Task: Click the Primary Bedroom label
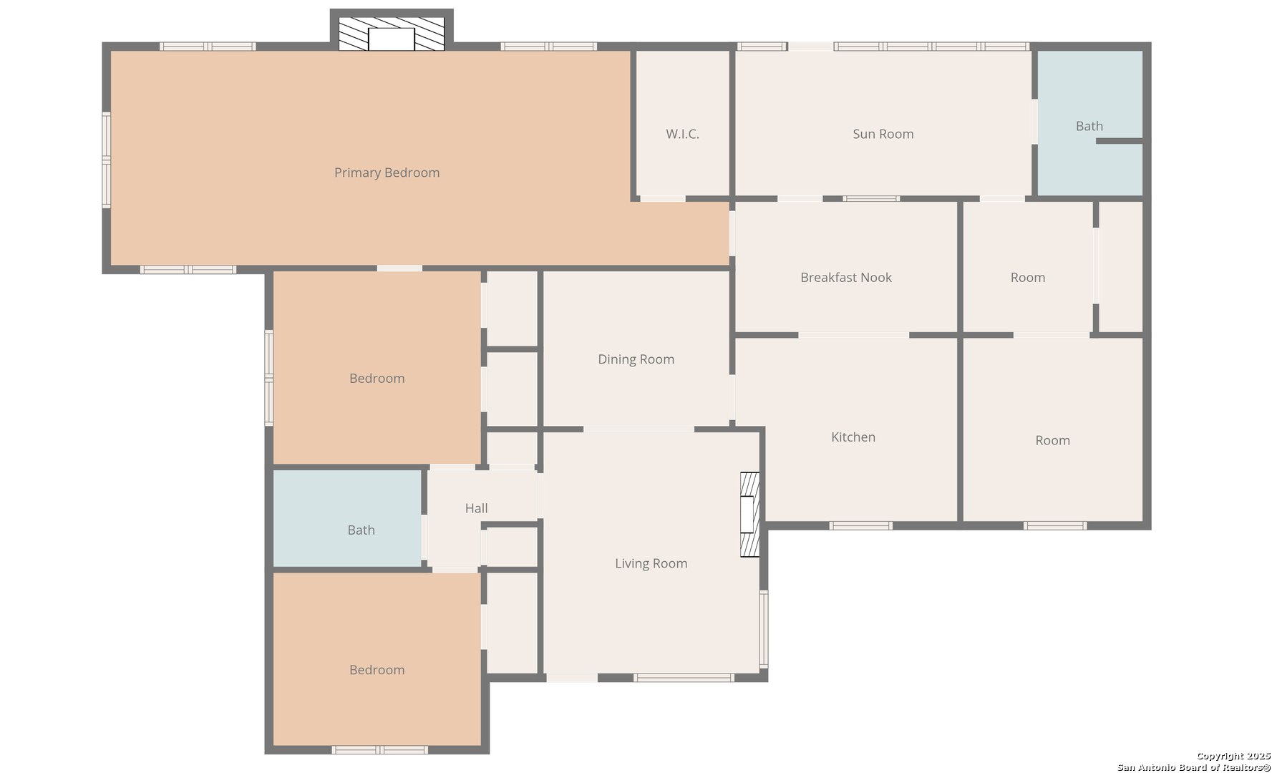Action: [387, 172]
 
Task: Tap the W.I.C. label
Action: [682, 134]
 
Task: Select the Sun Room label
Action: [883, 134]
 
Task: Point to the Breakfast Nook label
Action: [846, 278]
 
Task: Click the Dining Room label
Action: [636, 359]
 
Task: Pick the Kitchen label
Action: [853, 437]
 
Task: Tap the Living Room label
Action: [651, 563]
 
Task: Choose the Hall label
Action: [476, 508]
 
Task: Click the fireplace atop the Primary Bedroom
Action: [392, 32]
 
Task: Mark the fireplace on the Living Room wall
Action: [749, 514]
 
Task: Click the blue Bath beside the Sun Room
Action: [1089, 122]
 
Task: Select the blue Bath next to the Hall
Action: [347, 518]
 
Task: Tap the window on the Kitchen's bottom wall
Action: [861, 525]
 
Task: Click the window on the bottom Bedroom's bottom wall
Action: [380, 749]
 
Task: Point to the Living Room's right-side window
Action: [764, 629]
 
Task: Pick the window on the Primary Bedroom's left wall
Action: [107, 160]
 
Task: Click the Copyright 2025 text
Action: [1233, 757]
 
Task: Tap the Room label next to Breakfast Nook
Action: [1028, 278]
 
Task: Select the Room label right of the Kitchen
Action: [1052, 441]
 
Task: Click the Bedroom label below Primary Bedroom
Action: [377, 379]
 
